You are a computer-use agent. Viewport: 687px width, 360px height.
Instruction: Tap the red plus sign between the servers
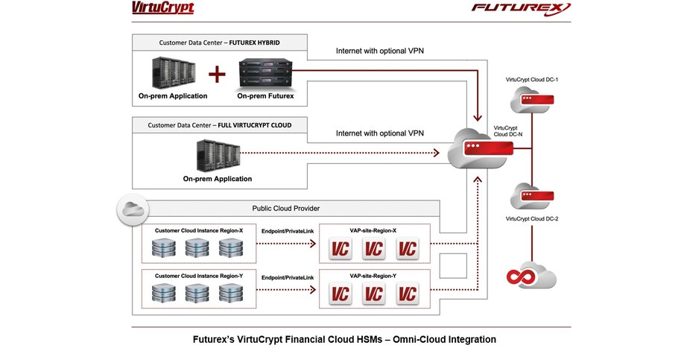tap(216, 75)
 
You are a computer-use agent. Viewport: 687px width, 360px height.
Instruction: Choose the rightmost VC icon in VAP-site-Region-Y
tap(407, 293)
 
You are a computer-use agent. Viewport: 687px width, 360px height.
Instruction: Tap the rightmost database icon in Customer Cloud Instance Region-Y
tap(232, 293)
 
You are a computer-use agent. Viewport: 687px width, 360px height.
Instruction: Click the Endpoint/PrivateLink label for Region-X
tap(288, 233)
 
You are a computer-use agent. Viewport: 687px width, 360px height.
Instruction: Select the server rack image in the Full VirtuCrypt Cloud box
tap(217, 154)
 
